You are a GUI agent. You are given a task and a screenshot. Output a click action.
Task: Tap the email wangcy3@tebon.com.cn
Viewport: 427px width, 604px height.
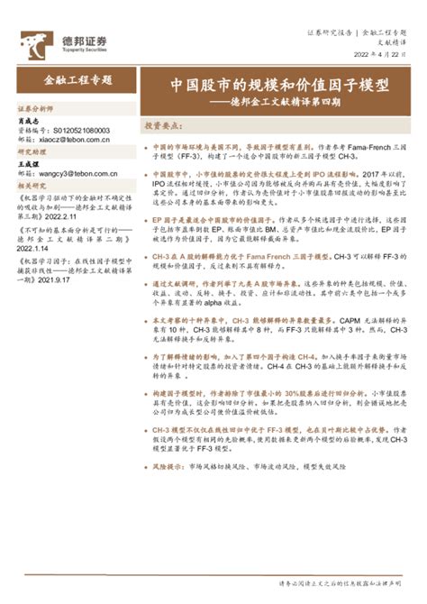pyautogui.click(x=77, y=173)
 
